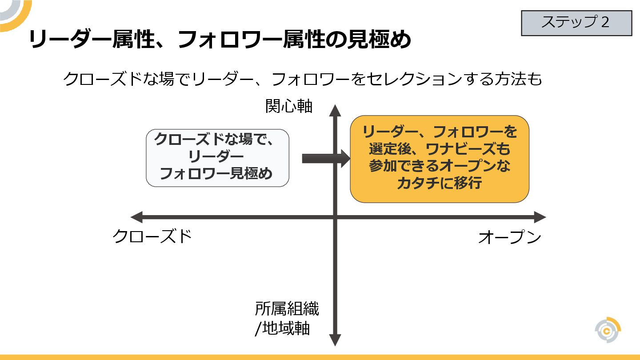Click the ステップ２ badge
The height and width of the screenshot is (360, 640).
click(576, 23)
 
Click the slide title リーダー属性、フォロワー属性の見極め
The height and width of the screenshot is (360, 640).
click(220, 40)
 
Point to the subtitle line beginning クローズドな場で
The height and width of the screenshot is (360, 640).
click(303, 79)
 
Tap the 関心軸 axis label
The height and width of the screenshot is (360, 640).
click(289, 106)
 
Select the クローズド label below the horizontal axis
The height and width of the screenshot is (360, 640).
click(152, 236)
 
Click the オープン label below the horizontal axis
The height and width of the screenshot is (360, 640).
click(509, 237)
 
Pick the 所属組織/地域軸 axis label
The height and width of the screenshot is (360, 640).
click(287, 318)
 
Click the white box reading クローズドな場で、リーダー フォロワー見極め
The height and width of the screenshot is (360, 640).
click(217, 158)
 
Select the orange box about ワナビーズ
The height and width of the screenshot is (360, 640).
click(439, 159)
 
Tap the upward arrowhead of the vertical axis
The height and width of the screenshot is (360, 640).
click(335, 111)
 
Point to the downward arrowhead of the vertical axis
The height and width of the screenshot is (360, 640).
click(335, 340)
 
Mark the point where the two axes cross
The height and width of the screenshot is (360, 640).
click(335, 217)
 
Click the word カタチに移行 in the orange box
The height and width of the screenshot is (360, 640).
click(439, 183)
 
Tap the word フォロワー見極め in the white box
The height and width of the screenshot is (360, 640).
click(216, 174)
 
